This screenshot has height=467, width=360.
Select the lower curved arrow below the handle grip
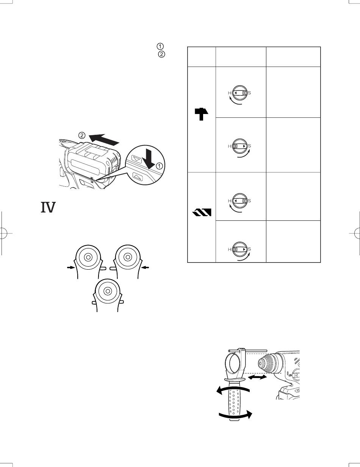tap(235, 415)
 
